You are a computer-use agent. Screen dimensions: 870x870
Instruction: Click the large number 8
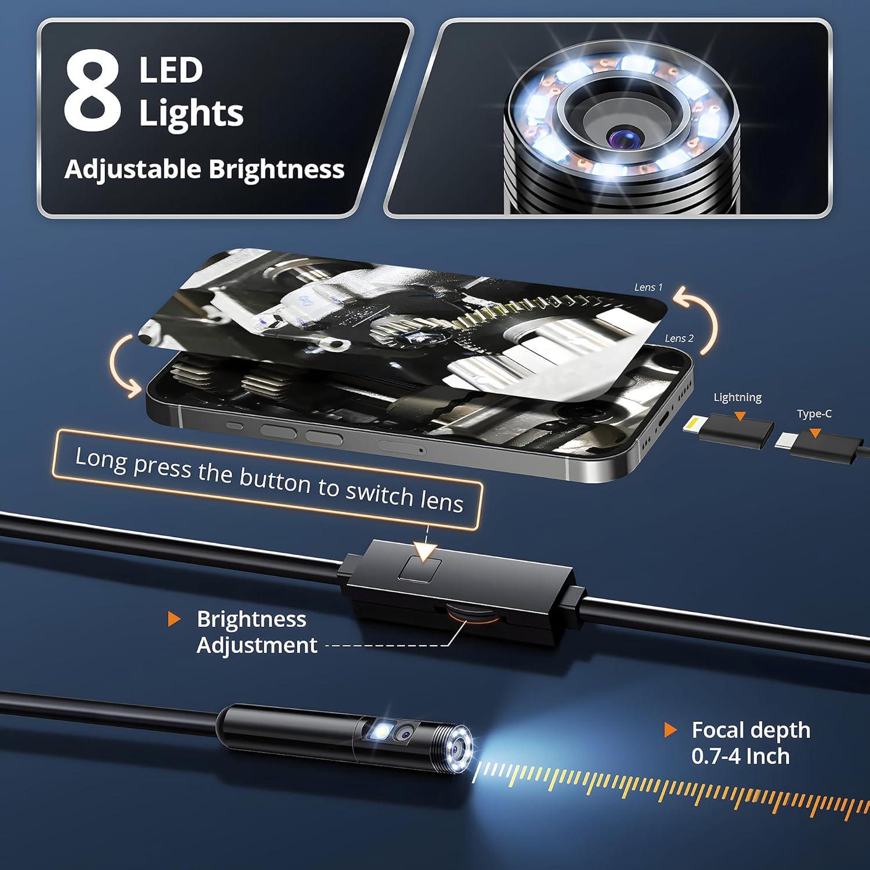pyautogui.click(x=92, y=92)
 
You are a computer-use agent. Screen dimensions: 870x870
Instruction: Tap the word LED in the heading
pyautogui.click(x=171, y=71)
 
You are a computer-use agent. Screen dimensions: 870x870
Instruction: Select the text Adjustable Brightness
pyautogui.click(x=204, y=169)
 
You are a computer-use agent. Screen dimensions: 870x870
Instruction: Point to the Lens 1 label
pyautogui.click(x=648, y=287)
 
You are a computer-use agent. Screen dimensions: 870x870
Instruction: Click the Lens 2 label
pyautogui.click(x=679, y=338)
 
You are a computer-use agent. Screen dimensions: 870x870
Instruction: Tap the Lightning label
pyautogui.click(x=737, y=397)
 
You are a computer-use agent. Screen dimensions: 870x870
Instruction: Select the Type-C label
pyautogui.click(x=814, y=414)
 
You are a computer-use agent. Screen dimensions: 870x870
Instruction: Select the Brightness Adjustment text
pyautogui.click(x=256, y=632)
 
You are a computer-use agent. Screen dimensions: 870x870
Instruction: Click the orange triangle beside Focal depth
pyautogui.click(x=670, y=730)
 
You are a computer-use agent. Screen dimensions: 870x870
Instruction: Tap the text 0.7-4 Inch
pyautogui.click(x=740, y=756)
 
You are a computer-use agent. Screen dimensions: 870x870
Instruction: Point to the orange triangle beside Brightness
pyautogui.click(x=173, y=619)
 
